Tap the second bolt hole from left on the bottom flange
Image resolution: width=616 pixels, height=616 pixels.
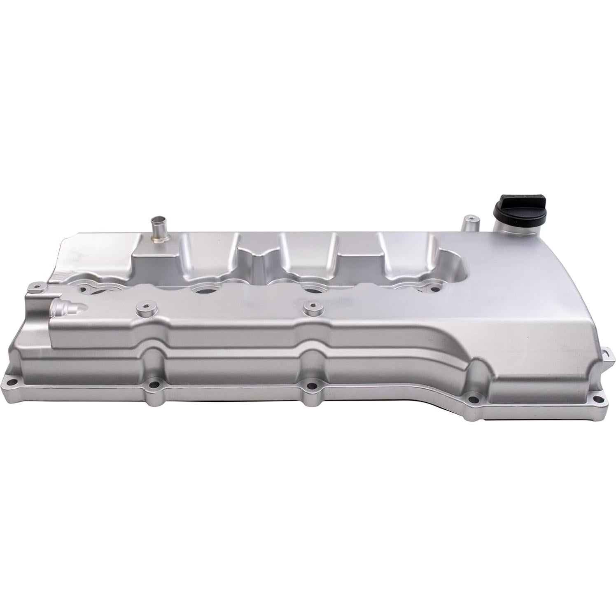pyautogui.click(x=155, y=386)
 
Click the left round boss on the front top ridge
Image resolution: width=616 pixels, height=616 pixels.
pyautogui.click(x=144, y=308)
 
